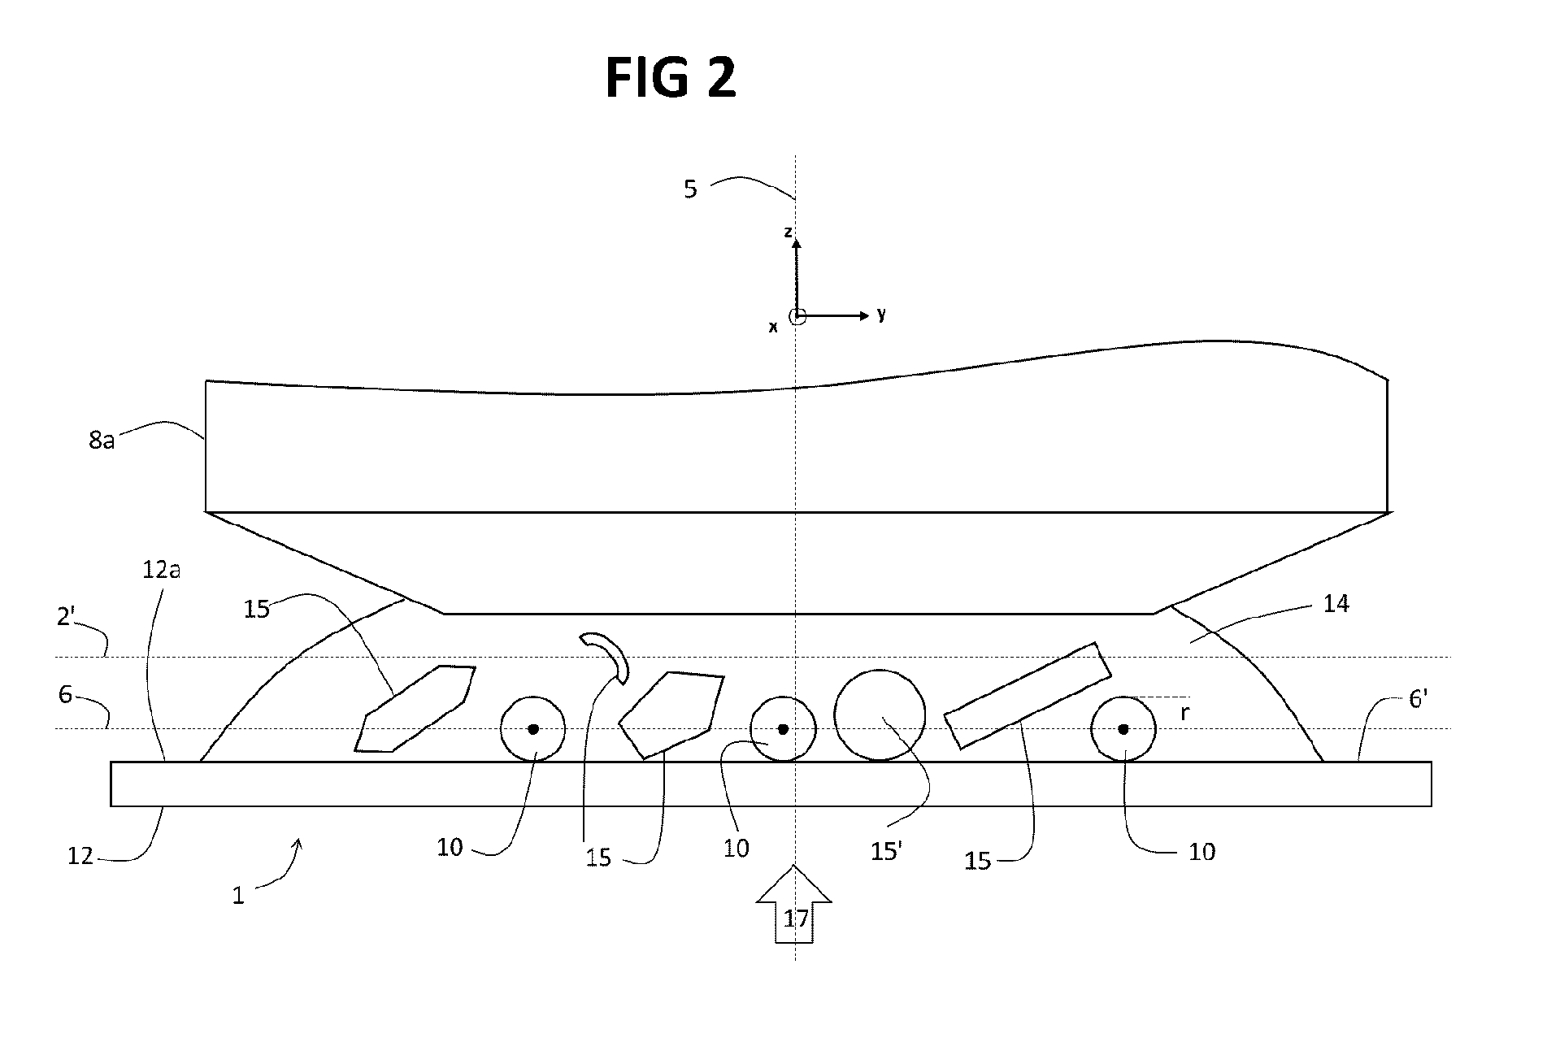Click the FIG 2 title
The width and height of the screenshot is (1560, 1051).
(x=671, y=78)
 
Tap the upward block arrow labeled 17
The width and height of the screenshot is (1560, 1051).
(x=794, y=904)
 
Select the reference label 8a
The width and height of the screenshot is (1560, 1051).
(x=102, y=441)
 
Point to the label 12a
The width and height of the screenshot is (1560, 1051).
(x=161, y=570)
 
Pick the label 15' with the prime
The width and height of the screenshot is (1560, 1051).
(x=886, y=852)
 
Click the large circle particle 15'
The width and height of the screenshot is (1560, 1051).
(x=880, y=715)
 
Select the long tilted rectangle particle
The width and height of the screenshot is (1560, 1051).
(x=1028, y=695)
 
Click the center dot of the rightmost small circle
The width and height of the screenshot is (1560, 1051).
(x=1123, y=729)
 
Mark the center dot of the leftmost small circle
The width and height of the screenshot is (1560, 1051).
(x=533, y=729)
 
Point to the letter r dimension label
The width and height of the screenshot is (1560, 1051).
(x=1184, y=714)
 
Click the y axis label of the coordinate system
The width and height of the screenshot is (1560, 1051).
(x=881, y=315)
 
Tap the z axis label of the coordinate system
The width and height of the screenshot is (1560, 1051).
(x=787, y=232)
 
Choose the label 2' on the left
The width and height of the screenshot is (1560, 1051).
(x=67, y=617)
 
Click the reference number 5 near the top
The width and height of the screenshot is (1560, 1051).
(x=690, y=190)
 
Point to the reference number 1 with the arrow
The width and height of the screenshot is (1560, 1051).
(x=238, y=896)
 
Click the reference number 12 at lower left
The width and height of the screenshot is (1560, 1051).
(x=80, y=855)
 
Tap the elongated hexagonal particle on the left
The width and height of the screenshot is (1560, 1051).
(x=415, y=708)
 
